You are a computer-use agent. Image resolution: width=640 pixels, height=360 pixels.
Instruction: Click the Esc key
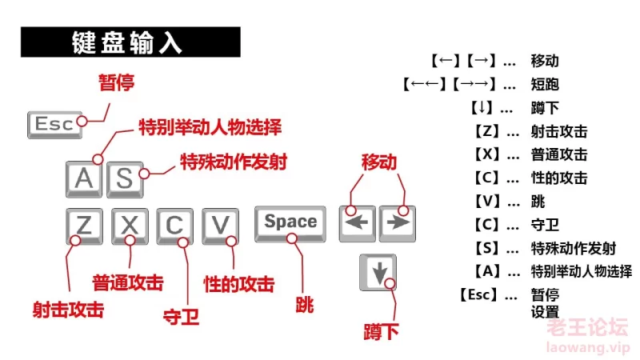(x=54, y=125)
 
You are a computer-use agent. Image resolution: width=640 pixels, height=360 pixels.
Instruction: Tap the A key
(x=84, y=179)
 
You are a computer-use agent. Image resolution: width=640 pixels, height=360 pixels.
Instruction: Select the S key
(x=125, y=179)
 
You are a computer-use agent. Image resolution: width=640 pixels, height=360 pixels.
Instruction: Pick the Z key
(x=84, y=226)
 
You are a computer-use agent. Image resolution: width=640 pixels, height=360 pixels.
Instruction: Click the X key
(x=130, y=226)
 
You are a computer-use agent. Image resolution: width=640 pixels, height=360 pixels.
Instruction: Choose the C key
(x=174, y=226)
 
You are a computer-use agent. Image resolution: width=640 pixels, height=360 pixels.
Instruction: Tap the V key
(x=221, y=226)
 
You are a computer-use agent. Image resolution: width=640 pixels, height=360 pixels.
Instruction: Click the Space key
(x=290, y=224)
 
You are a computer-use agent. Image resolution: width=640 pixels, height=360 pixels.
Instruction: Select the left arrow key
(x=357, y=224)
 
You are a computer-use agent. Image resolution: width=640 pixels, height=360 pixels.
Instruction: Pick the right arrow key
(x=398, y=224)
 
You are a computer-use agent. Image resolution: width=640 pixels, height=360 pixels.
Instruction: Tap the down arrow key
(x=378, y=272)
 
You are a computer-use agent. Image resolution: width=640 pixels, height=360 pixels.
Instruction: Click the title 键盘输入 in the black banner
(x=126, y=42)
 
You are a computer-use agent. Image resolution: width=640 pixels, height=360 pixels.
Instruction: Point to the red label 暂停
(x=116, y=82)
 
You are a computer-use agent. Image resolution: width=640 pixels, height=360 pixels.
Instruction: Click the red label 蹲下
(x=381, y=332)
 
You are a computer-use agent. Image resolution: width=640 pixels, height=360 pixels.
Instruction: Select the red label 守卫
(x=181, y=316)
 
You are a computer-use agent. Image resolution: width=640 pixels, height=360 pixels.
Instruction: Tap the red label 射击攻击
(x=68, y=310)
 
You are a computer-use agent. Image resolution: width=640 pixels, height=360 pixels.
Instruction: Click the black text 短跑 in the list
(x=545, y=85)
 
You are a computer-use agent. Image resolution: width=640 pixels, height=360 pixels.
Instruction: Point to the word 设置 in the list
(x=545, y=312)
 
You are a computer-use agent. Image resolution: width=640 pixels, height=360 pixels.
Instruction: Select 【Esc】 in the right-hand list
(x=479, y=294)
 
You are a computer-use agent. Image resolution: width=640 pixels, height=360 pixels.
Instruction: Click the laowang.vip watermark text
(x=588, y=348)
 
